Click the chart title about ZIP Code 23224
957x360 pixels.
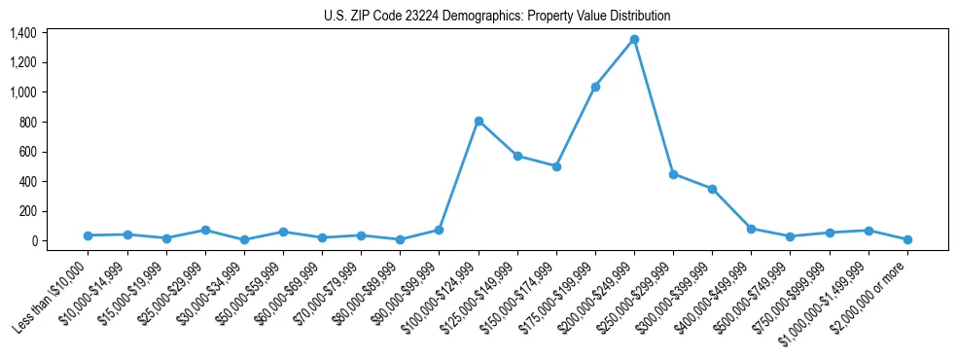point(497,16)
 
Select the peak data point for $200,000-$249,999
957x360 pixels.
point(634,40)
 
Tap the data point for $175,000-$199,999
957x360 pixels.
point(595,87)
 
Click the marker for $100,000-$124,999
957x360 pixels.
point(478,121)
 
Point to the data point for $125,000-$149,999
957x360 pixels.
point(517,156)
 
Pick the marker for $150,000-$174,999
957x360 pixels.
point(556,166)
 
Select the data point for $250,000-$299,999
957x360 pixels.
point(673,174)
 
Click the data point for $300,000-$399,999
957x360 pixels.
point(712,189)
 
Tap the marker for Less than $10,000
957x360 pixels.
point(89,235)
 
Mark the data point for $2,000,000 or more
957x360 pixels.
point(907,239)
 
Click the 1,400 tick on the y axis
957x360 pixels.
point(23,33)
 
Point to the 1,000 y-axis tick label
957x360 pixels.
point(23,92)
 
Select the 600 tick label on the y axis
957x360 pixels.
point(28,152)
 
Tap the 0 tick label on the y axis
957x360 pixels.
point(33,241)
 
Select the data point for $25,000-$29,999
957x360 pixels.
point(205,231)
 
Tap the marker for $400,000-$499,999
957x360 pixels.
point(751,229)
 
